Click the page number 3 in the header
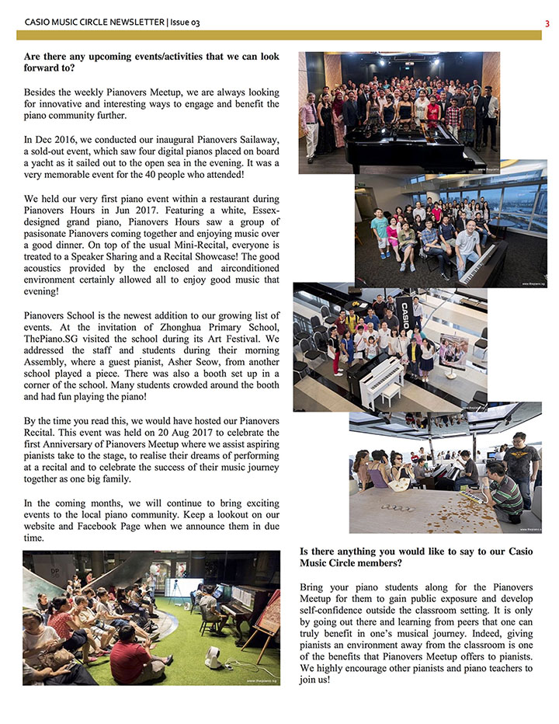pyautogui.click(x=547, y=23)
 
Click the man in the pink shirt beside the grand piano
pyautogui.click(x=310, y=120)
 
